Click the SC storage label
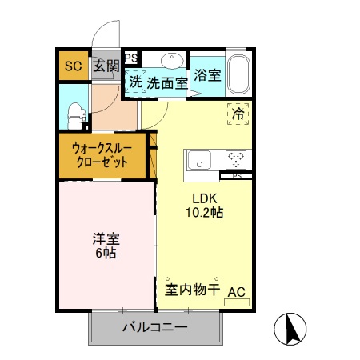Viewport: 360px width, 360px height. (x=73, y=66)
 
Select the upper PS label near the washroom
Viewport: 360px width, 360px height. (x=130, y=58)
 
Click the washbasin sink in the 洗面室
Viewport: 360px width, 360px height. (x=170, y=61)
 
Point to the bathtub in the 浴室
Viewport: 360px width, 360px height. (x=239, y=75)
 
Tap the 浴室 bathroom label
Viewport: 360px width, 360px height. (x=206, y=76)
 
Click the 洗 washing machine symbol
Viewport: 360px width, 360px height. (x=135, y=82)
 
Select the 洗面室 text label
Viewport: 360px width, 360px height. (x=167, y=82)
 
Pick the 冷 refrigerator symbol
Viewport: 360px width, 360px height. (x=238, y=114)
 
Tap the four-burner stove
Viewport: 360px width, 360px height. (x=236, y=158)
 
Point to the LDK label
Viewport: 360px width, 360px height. (x=205, y=198)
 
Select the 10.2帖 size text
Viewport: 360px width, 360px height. (x=205, y=214)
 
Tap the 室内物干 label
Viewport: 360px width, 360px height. (x=192, y=290)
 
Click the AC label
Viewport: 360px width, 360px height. (x=237, y=292)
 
